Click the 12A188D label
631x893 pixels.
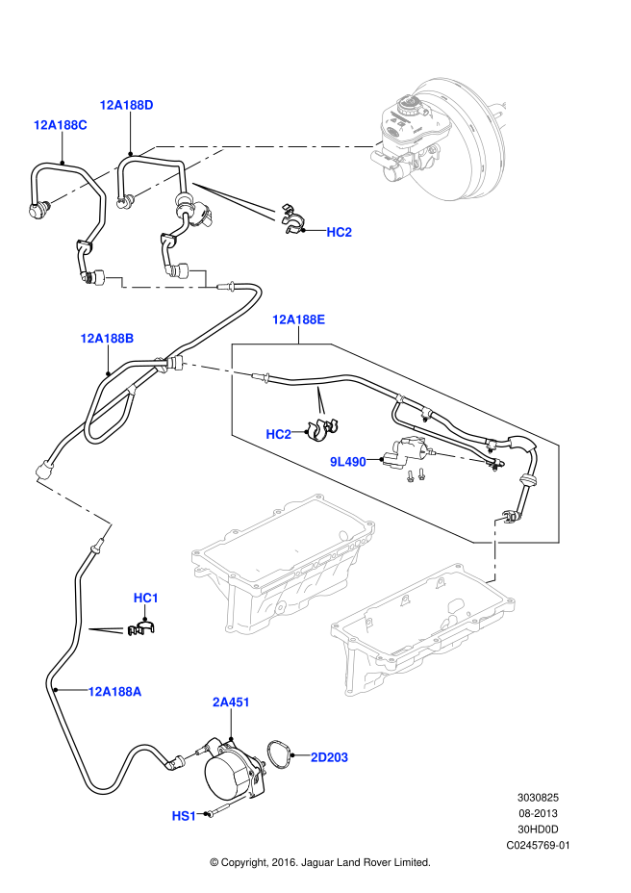126,105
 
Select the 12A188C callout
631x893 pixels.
60,125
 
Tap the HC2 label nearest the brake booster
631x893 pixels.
339,232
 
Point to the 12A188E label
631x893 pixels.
298,319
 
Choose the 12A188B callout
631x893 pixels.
107,339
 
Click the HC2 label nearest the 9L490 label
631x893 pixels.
278,434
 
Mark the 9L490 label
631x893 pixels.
347,462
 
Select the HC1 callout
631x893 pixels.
145,598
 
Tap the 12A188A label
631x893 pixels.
114,692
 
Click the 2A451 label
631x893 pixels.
231,702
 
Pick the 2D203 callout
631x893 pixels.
329,757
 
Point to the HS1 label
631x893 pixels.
184,816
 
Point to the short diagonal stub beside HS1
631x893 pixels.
240,799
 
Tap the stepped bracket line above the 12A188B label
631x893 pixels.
164,285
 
